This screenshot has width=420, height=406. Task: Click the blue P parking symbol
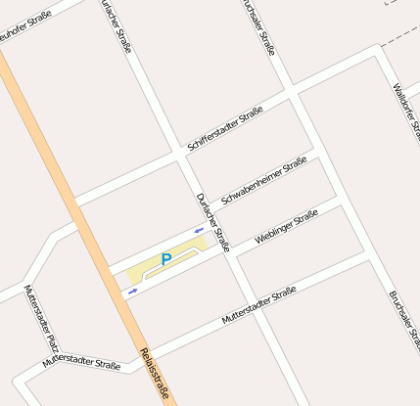165,259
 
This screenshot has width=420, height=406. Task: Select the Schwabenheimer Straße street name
264,181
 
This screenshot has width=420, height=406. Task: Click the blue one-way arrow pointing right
133,291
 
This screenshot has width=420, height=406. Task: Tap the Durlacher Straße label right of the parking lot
212,222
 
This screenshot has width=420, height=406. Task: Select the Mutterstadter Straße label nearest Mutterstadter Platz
81,363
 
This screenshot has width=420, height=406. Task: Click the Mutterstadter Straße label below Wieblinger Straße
258,306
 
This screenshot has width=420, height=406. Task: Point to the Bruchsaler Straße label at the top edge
257,26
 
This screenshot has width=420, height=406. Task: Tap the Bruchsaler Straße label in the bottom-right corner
403,322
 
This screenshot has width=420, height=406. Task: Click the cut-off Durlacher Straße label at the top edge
117,24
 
